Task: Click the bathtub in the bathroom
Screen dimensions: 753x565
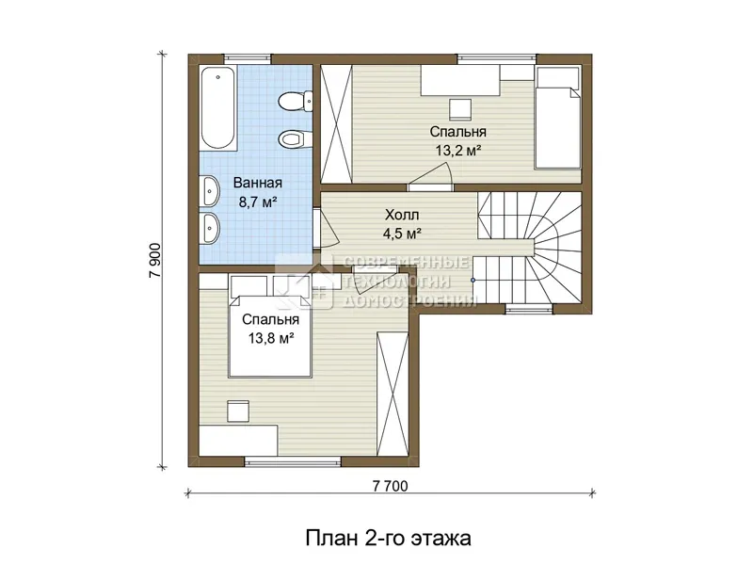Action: (x=218, y=107)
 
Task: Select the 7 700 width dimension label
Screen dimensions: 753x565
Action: (x=390, y=486)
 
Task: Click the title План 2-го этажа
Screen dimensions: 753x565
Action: (x=388, y=538)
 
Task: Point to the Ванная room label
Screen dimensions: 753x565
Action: (x=258, y=183)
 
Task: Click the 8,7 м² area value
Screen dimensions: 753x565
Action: (x=258, y=202)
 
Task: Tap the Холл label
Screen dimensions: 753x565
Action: (x=402, y=215)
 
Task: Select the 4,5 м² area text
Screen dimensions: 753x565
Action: (x=402, y=234)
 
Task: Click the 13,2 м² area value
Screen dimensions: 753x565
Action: (x=458, y=151)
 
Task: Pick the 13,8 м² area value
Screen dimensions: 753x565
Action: (x=271, y=338)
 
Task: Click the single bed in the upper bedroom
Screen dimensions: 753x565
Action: (x=557, y=118)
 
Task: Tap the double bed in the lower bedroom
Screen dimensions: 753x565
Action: (x=270, y=335)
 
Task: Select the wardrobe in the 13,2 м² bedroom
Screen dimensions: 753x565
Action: (x=337, y=123)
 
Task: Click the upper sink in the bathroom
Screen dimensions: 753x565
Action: (x=210, y=190)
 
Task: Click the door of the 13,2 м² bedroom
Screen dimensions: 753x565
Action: (x=431, y=175)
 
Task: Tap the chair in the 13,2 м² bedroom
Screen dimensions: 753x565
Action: (x=460, y=109)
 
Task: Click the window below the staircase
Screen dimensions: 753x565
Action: (x=529, y=309)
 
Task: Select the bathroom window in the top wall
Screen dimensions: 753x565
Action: (x=248, y=58)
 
